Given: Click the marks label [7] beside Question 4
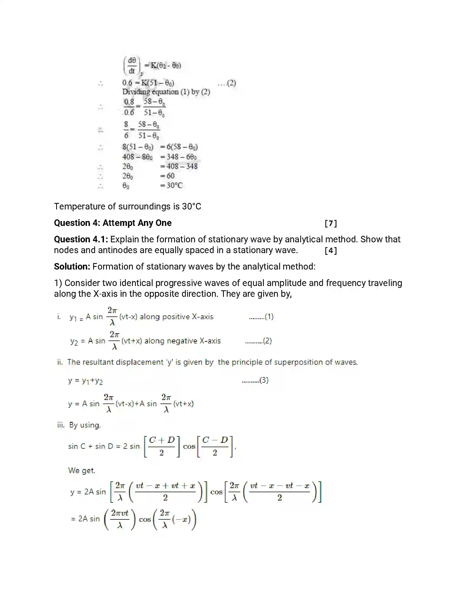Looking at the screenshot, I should click(x=331, y=223).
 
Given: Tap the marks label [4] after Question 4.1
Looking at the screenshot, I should click(x=331, y=251).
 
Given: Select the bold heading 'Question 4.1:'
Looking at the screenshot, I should click(x=81, y=239).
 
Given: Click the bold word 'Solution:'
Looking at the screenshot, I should click(x=72, y=267).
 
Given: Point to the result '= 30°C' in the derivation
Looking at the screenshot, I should click(x=171, y=185).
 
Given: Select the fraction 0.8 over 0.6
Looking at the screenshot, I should click(x=129, y=107).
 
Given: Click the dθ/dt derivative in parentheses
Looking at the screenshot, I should click(x=132, y=65).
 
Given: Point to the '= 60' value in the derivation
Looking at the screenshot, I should click(x=167, y=176).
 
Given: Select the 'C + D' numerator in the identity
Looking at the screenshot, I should click(x=162, y=440).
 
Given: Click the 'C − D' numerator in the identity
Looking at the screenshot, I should click(x=215, y=440).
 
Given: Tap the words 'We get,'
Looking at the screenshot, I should click(x=82, y=470).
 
